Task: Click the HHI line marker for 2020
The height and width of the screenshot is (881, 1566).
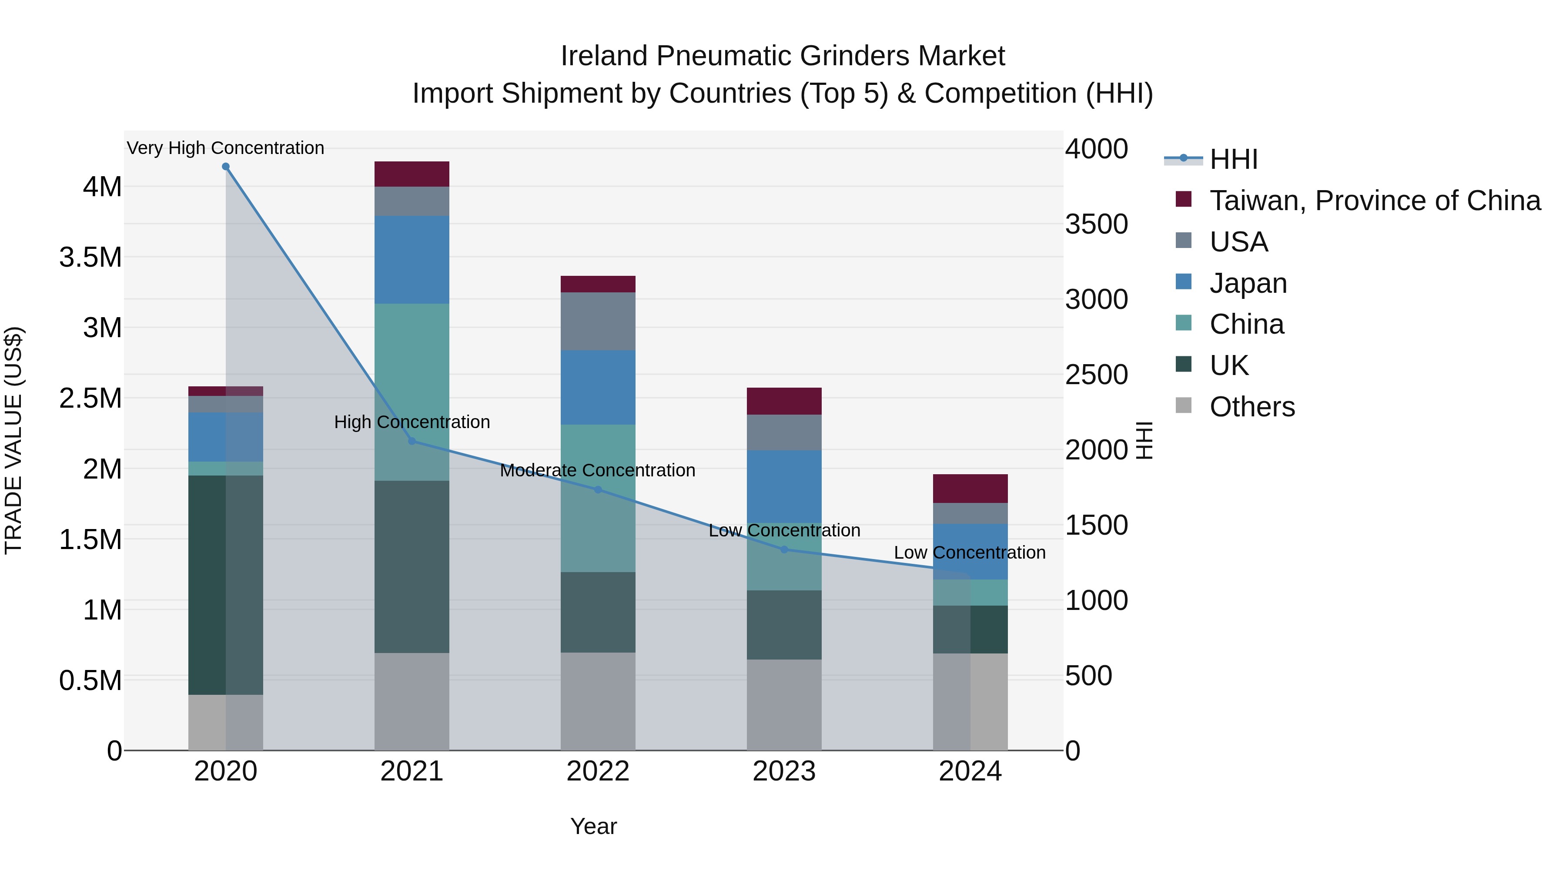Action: [225, 167]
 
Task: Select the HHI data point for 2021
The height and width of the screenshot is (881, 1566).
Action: [412, 442]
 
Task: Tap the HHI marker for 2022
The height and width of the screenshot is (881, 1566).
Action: [598, 489]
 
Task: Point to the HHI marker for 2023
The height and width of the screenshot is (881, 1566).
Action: [783, 549]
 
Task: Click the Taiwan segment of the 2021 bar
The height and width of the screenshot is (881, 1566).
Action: [412, 174]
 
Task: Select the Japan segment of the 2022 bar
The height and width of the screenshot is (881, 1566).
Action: [598, 387]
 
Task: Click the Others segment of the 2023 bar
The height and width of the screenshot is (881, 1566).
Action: [783, 705]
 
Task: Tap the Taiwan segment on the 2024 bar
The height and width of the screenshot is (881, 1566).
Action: [970, 488]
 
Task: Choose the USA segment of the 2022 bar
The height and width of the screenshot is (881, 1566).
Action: [598, 321]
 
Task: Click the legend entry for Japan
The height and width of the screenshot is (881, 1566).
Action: [1248, 283]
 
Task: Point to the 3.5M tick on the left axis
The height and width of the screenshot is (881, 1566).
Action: [90, 257]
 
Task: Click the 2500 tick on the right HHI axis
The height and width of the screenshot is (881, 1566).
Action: [1096, 375]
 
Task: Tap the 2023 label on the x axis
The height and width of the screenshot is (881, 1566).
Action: [783, 771]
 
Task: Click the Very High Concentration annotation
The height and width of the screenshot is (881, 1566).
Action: [225, 148]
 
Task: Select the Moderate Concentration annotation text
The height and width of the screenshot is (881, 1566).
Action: [598, 470]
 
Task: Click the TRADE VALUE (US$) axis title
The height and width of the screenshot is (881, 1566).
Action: [13, 440]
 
